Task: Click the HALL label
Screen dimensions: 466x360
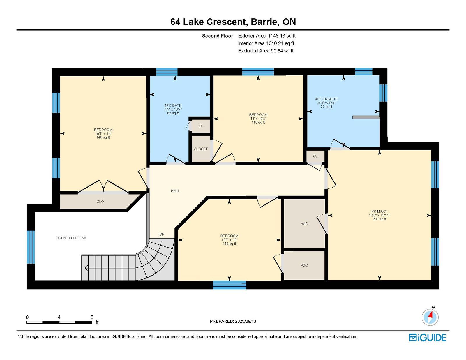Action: [x=175, y=191]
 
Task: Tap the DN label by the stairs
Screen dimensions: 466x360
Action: [x=162, y=234]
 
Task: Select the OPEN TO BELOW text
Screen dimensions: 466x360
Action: [x=71, y=238]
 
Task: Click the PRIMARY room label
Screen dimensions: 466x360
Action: [x=379, y=211]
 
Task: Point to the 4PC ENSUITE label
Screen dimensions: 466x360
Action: [x=326, y=99]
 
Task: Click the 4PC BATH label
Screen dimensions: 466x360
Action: [x=173, y=105]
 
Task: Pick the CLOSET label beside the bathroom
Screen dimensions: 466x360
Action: [x=200, y=149]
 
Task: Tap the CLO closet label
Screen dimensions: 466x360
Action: [x=100, y=202]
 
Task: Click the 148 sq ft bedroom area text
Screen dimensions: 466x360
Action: [x=103, y=137]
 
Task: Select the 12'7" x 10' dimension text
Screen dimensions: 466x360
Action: [x=229, y=240]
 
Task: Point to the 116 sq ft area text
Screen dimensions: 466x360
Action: [x=258, y=122]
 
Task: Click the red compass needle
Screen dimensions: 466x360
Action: [x=430, y=315]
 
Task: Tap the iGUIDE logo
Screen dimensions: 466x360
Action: [x=428, y=338]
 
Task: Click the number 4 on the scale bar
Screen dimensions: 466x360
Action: [x=59, y=317]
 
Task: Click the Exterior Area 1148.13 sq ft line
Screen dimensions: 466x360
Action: [x=267, y=36]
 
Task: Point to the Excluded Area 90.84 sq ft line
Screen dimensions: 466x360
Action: [x=266, y=51]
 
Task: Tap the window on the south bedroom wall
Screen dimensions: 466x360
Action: [x=230, y=285]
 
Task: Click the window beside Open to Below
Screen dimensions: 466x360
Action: [x=31, y=247]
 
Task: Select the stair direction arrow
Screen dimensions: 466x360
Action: [x=86, y=268]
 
